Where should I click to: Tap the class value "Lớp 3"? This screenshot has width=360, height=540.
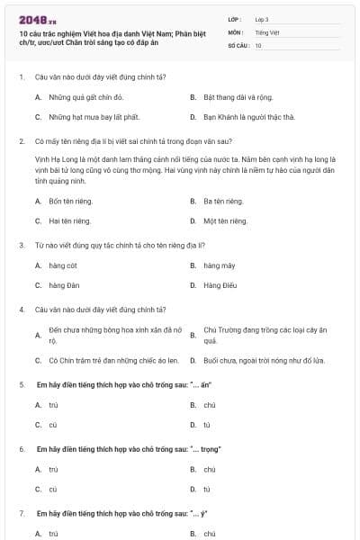click(x=262, y=19)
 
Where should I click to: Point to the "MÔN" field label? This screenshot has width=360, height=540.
click(x=235, y=31)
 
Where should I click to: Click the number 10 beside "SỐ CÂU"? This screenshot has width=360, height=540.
click(x=258, y=44)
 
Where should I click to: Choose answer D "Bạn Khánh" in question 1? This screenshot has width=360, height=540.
click(x=249, y=117)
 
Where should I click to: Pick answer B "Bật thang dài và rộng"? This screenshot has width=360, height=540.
click(x=237, y=96)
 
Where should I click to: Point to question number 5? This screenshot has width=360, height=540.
click(x=22, y=384)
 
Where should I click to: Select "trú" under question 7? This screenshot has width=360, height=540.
click(x=53, y=534)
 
